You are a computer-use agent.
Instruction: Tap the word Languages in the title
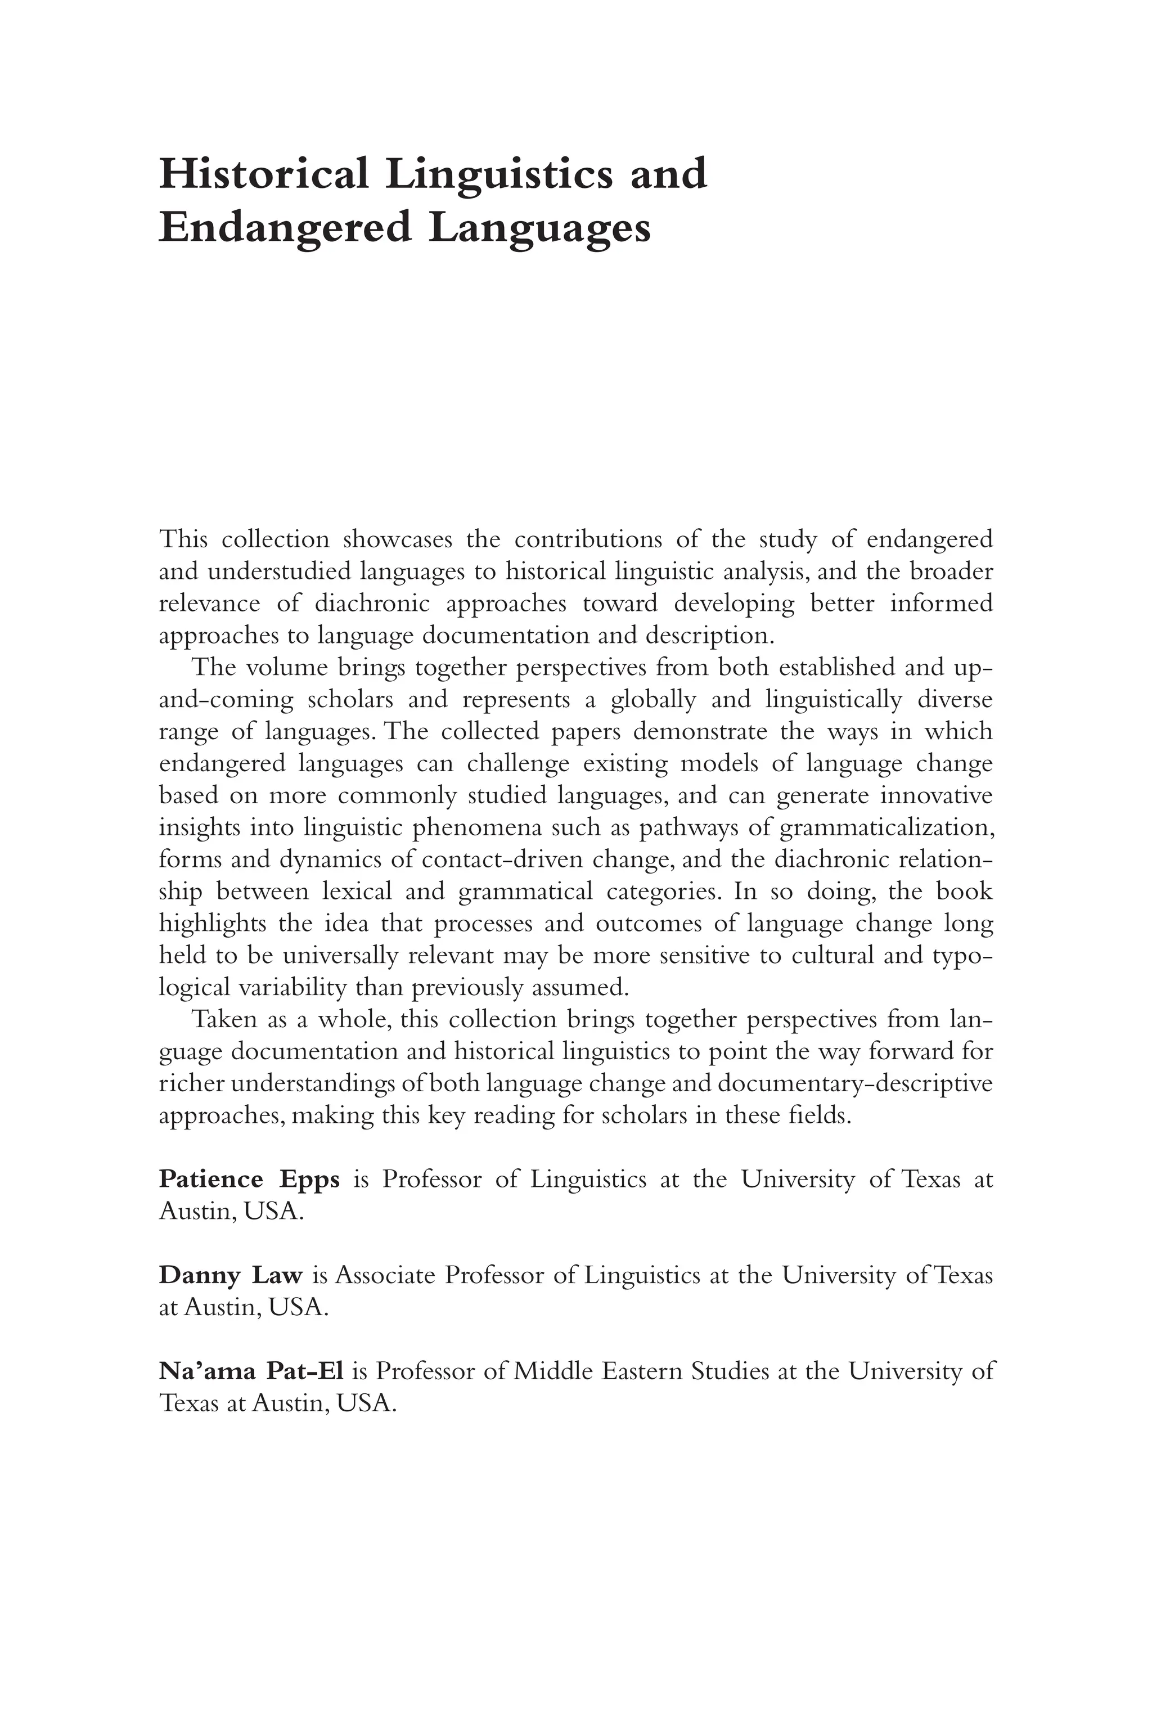540,229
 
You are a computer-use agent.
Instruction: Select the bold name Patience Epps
249,1179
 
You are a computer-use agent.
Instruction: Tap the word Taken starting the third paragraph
223,1020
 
